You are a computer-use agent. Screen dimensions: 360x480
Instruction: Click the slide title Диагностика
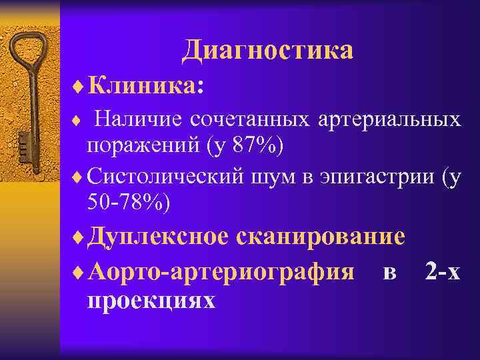[x=267, y=50]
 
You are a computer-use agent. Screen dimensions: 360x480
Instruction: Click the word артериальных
[x=389, y=119]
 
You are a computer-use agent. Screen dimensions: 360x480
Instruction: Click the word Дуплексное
[x=159, y=237]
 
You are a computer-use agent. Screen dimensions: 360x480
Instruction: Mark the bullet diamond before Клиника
[x=81, y=86]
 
